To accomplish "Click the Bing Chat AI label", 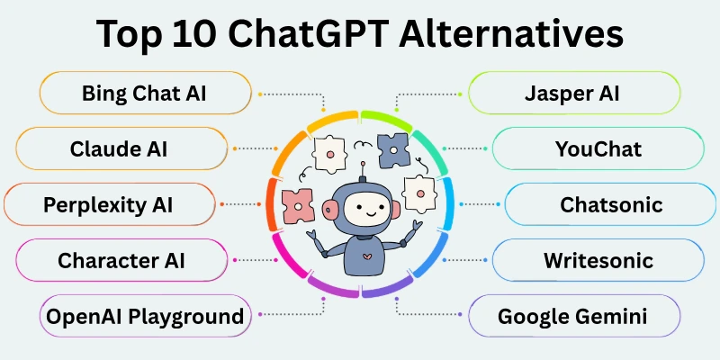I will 144,94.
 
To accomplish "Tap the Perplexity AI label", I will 108,204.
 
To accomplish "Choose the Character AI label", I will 121,261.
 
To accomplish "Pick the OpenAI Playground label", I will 144,316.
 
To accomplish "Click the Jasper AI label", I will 574,94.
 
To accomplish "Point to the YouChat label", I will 598,149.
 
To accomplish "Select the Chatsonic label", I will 611,204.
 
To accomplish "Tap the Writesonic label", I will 598,261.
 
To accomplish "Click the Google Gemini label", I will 573,316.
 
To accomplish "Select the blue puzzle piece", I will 392,148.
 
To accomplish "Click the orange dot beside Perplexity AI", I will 247,204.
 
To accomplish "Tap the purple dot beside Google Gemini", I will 397,315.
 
